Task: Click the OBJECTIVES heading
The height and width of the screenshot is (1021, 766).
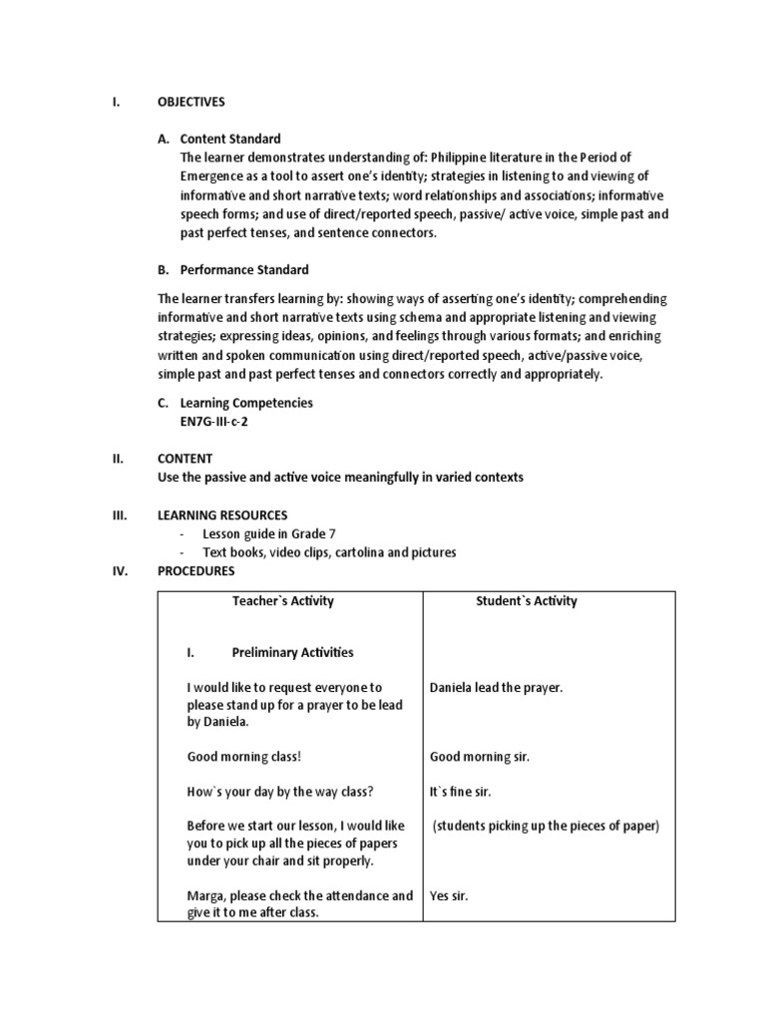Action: [x=191, y=102]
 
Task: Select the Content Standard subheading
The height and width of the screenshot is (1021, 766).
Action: [x=230, y=139]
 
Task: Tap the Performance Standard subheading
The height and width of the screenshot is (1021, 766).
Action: [x=244, y=269]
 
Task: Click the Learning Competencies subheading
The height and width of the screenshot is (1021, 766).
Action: [x=245, y=403]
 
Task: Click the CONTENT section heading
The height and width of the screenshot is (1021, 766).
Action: [x=185, y=459]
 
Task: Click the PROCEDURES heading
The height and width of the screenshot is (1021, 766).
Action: [x=195, y=571]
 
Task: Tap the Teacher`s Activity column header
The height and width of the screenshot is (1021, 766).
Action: [x=283, y=601]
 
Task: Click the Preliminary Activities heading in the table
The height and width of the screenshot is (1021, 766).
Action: [x=292, y=652]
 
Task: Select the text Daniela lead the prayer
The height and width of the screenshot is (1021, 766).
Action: [x=496, y=687]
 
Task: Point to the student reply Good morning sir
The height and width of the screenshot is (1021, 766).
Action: [x=479, y=757]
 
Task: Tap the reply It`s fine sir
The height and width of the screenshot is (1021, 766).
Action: [x=460, y=792]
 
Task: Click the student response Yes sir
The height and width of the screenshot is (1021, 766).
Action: [x=449, y=895]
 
